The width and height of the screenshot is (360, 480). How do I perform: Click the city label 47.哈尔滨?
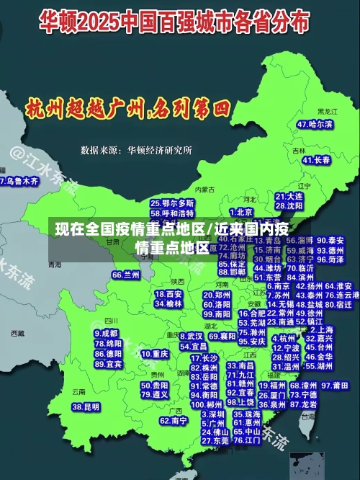(315, 124)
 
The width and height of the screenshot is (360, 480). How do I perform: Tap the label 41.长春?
(317, 160)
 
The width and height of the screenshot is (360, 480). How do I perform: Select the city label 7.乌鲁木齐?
(19, 181)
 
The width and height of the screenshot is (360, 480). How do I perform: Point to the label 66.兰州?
(126, 275)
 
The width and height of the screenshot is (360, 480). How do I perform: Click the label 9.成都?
(107, 334)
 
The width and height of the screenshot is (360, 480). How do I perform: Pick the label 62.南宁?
(174, 420)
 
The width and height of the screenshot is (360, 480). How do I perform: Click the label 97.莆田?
(335, 386)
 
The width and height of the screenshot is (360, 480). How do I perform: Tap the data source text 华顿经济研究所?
(159, 151)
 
